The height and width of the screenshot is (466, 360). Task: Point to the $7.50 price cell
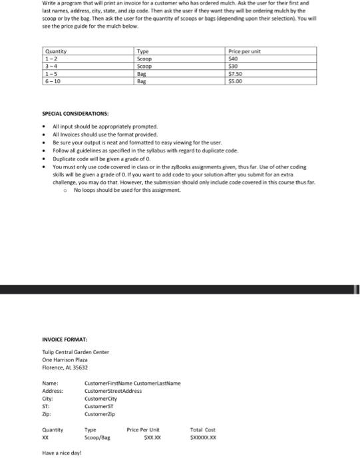click(x=236, y=74)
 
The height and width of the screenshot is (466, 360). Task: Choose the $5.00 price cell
click(x=236, y=81)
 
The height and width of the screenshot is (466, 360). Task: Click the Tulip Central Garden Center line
click(x=75, y=352)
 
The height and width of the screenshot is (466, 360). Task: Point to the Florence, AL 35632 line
click(x=65, y=367)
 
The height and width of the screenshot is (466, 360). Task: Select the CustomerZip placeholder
click(x=99, y=414)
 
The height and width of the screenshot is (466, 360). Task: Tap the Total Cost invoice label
click(x=203, y=429)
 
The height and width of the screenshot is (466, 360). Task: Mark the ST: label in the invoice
click(x=46, y=406)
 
